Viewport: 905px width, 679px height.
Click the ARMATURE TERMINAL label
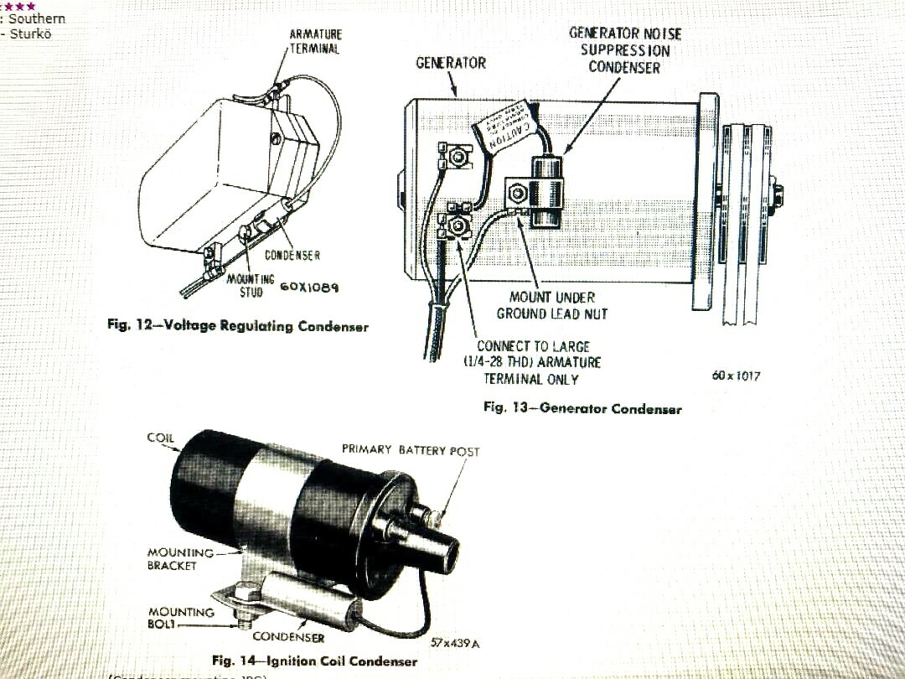pos(315,41)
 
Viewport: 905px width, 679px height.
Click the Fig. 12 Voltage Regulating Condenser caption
pos(238,325)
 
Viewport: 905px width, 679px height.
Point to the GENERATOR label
pos(450,64)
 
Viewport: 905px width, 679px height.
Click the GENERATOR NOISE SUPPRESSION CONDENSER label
pos(624,50)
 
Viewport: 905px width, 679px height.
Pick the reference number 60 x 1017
pos(735,376)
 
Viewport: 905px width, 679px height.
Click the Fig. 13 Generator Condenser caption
pos(582,408)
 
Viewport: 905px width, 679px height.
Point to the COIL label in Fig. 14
pos(161,438)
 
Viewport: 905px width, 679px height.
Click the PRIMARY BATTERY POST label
pos(411,451)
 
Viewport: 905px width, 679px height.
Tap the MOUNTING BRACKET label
pos(173,559)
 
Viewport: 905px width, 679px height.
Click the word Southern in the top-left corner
pos(36,18)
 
